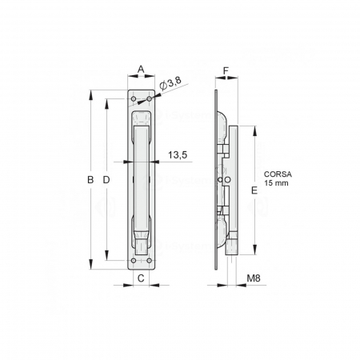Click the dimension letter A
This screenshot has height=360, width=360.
141,70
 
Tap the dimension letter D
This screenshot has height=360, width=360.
106,180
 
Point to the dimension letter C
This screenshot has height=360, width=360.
141,278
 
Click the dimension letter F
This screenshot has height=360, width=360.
226,70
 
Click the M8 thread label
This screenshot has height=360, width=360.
253,278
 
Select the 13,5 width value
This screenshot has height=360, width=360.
178,156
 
